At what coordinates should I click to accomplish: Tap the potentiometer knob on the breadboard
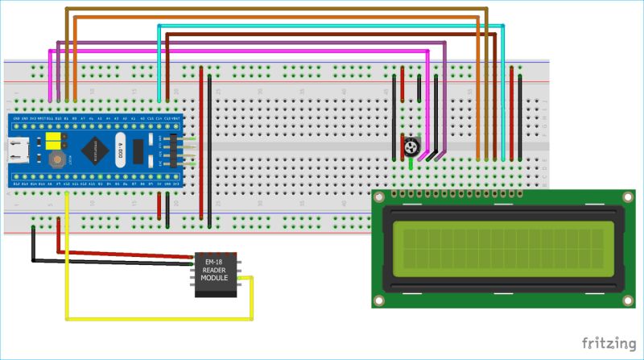tap(411, 147)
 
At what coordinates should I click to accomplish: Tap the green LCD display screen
tap(502, 248)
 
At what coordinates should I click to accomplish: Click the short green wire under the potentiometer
tap(411, 163)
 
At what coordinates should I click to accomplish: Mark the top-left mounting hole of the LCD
tap(381, 198)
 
